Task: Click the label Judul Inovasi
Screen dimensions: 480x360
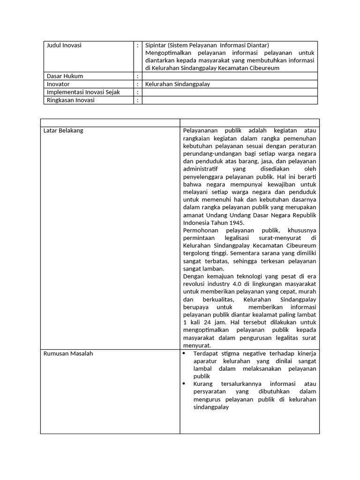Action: pos(64,45)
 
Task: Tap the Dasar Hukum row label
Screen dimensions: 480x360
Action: pos(65,76)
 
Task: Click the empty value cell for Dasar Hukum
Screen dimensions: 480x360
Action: pos(230,76)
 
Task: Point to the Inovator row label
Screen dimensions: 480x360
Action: pos(58,84)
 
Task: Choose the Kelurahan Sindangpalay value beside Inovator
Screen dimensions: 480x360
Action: pos(178,84)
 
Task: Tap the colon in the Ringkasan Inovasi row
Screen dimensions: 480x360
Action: pos(138,100)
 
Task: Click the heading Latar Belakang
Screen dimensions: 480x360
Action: pos(63,131)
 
